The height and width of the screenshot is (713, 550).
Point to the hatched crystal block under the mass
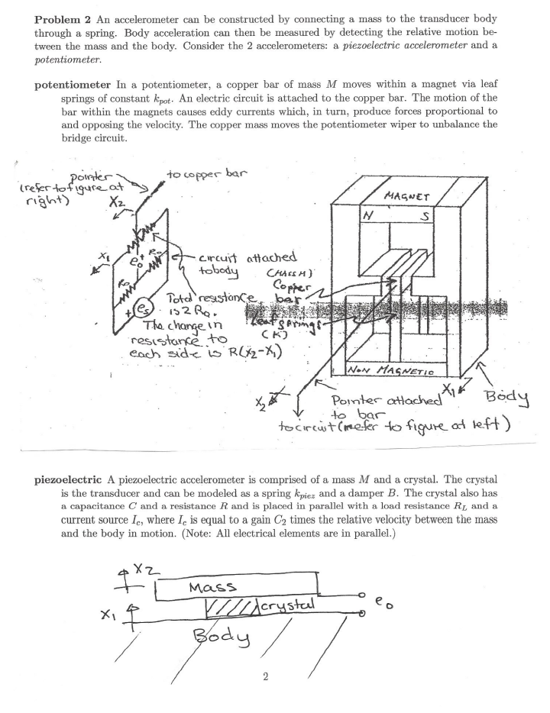point(232,607)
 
